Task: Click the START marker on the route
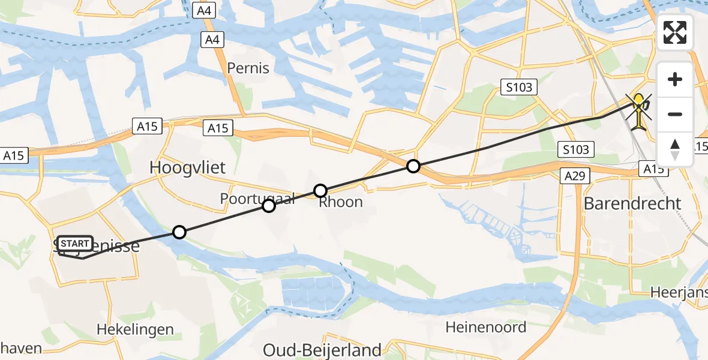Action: tap(76, 244)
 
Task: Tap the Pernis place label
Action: tap(248, 68)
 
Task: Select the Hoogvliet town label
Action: tap(187, 167)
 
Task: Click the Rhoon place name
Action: tap(340, 202)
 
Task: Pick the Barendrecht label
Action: tap(632, 203)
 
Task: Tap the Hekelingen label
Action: tap(135, 329)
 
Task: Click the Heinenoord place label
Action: tap(486, 327)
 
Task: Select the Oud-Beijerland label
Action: tap(323, 350)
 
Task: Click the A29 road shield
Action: tap(577, 176)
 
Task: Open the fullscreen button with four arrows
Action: tap(675, 32)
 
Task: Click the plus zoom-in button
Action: tap(675, 79)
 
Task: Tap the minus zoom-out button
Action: tap(675, 114)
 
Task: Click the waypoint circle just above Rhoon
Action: tap(320, 191)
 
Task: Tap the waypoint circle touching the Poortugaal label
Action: tap(269, 206)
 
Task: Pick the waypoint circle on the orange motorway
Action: tap(413, 166)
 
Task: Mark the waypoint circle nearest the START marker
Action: tap(179, 232)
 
